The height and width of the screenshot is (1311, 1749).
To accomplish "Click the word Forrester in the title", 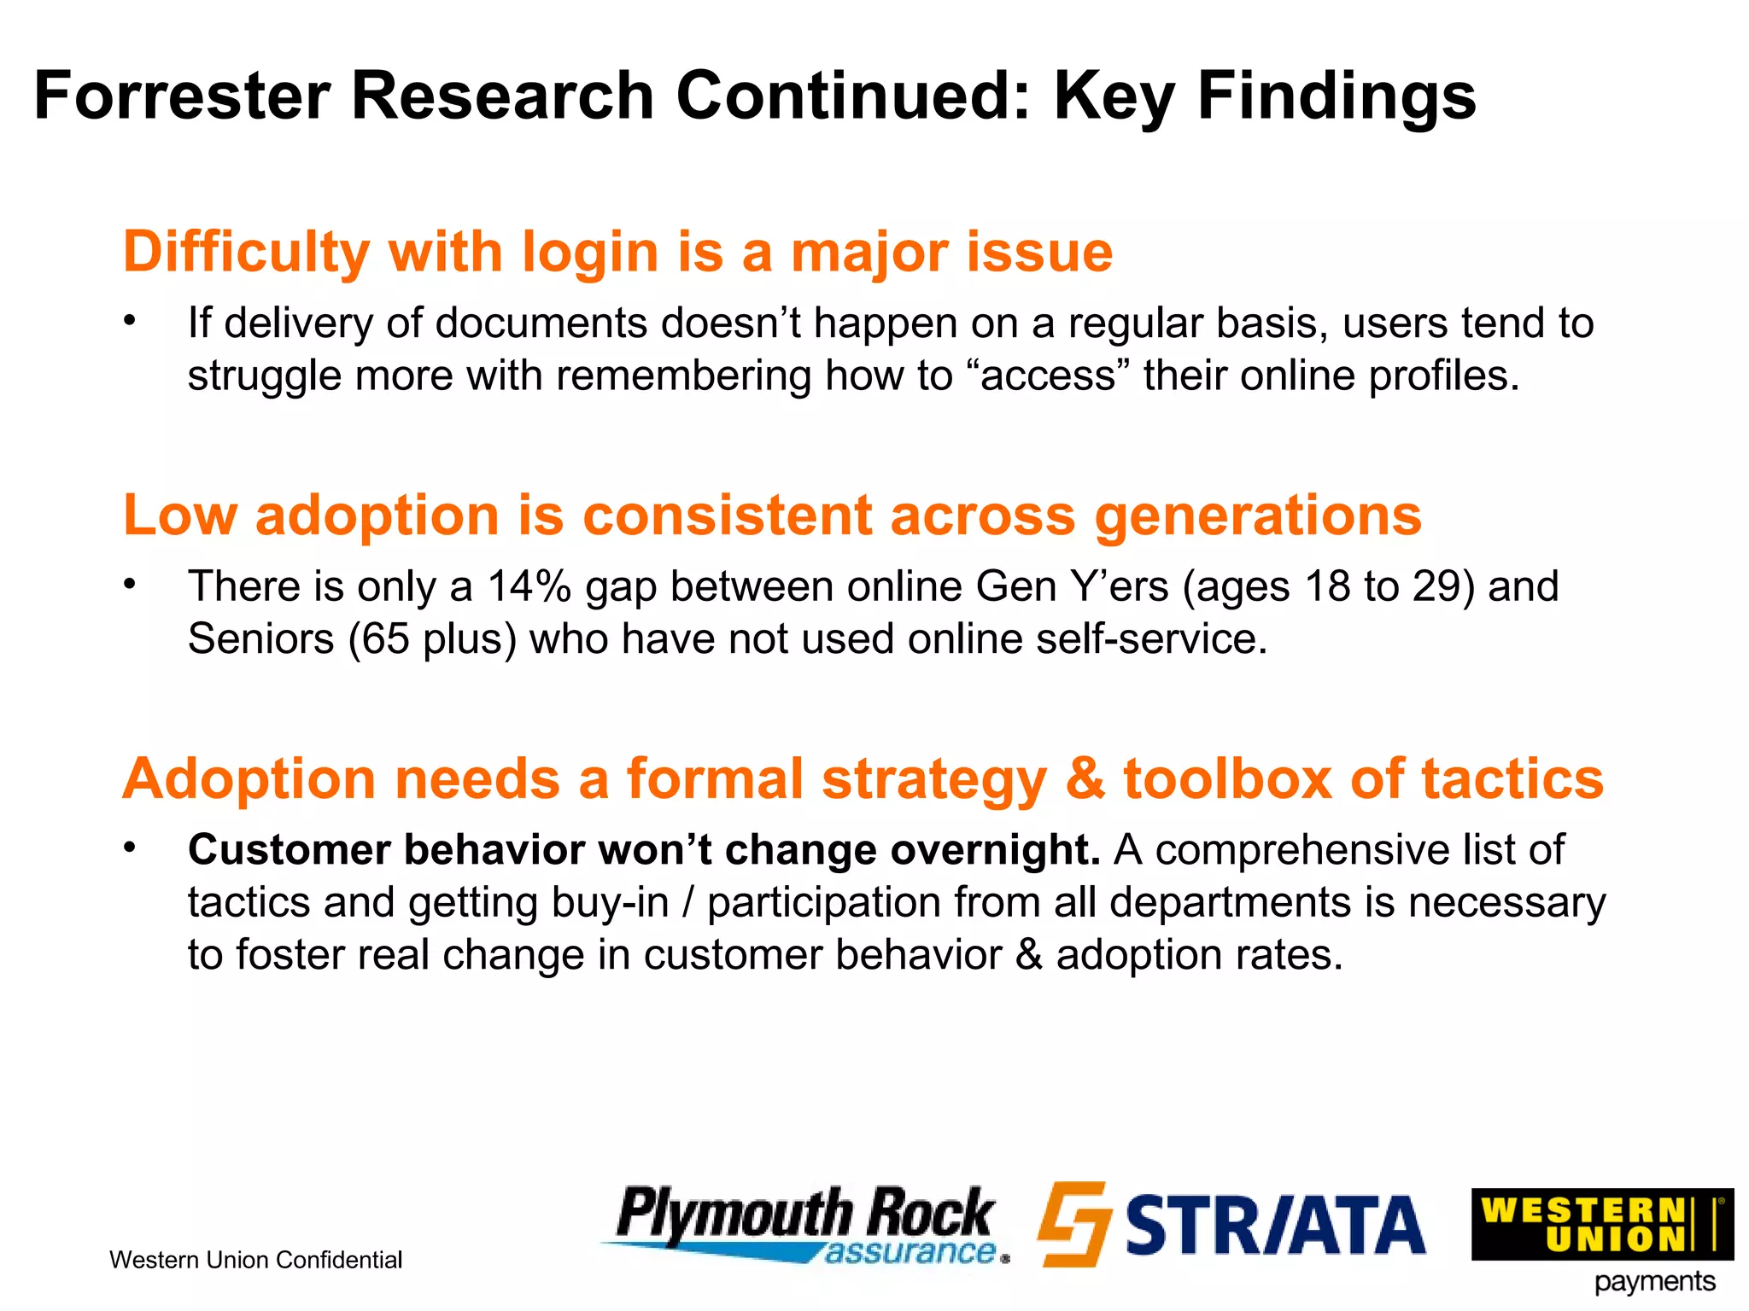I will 182,96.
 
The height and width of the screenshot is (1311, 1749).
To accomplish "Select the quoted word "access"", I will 1049,376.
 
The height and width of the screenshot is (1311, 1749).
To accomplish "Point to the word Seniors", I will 260,639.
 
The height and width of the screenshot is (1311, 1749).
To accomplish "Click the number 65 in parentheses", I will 385,639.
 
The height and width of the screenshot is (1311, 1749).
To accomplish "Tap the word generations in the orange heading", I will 1258,517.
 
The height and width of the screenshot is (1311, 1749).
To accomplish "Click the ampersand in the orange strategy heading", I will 1085,779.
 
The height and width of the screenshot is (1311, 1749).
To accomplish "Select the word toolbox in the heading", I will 1226,779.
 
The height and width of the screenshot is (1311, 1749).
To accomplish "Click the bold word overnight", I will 995,850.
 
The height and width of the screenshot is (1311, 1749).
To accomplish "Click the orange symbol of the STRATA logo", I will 1074,1224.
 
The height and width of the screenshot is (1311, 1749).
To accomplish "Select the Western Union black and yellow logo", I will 1602,1224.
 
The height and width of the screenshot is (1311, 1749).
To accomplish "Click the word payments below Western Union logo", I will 1654,1283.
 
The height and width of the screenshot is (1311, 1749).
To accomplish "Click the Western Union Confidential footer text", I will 255,1261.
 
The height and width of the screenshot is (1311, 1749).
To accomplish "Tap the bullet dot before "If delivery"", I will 129,321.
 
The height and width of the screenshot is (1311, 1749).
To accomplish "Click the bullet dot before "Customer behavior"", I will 129,848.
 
